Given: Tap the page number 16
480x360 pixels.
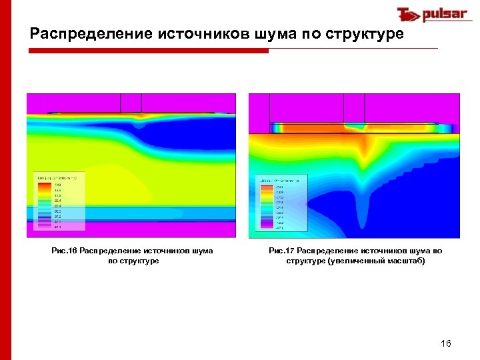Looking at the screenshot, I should (446, 343).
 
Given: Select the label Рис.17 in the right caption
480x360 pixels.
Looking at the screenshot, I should (282, 251).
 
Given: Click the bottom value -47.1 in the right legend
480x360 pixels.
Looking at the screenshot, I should (279, 228).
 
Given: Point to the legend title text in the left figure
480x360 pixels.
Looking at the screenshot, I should (57, 178).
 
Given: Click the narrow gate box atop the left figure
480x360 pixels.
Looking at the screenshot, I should (131, 103).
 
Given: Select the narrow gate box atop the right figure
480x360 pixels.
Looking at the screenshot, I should (353, 107).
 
